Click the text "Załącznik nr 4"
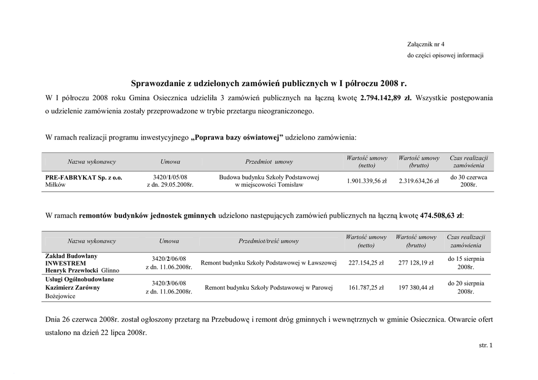(426, 44)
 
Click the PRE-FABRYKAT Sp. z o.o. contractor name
(84, 178)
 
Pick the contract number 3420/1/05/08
(169, 177)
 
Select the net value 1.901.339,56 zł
(367, 181)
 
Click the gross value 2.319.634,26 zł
(419, 181)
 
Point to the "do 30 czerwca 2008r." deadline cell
(469, 181)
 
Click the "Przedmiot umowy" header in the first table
(269, 162)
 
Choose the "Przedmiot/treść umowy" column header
(268, 241)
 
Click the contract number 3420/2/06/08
(169, 259)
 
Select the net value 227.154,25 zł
(366, 263)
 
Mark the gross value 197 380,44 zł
(416, 288)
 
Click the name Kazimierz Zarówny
(73, 288)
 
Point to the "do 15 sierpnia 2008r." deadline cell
(466, 263)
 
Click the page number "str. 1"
(486, 345)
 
